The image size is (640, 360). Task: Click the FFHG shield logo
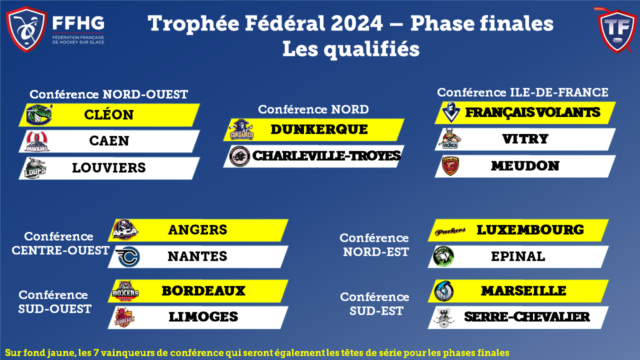pos(26,29)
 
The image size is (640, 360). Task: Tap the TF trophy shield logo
pos(617,30)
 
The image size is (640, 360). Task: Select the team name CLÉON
pos(109,115)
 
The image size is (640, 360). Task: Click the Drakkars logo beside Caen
pos(37,141)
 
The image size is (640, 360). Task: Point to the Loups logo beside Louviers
pos(35,168)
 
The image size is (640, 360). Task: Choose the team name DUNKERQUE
pos(319,129)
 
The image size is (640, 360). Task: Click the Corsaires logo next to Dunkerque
pos(241,129)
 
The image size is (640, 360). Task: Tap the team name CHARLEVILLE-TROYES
pos(326,156)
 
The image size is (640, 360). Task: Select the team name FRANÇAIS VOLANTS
pos(533,112)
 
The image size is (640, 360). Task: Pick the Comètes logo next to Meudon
pos(450,165)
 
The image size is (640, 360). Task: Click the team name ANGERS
pos(197,230)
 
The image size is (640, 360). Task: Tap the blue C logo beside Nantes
pos(127,256)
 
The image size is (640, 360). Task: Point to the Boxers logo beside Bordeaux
pos(125,291)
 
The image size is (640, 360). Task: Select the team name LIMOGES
pos(203,317)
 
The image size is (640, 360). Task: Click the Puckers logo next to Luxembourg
pos(450,231)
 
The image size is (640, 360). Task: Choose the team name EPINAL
pos(518,256)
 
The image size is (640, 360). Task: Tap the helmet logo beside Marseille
pos(443,291)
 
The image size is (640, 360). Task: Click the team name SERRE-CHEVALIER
pos(527,317)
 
